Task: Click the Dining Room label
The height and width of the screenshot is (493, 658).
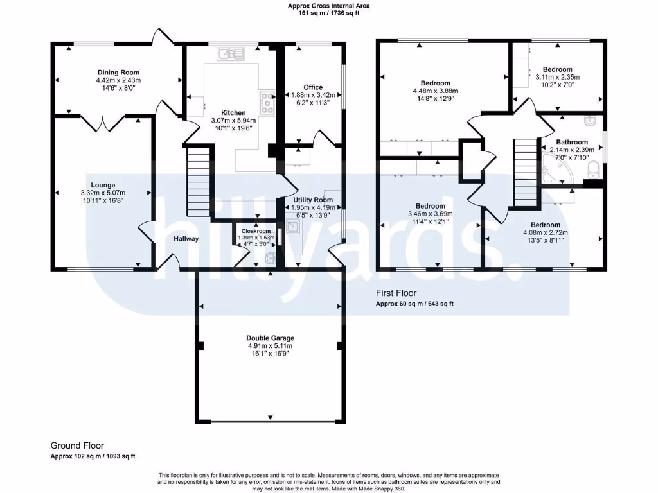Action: [118, 73]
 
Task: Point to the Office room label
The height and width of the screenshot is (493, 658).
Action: [313, 87]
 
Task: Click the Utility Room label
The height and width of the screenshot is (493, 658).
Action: [313, 207]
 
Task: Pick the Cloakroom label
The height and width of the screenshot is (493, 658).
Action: [256, 231]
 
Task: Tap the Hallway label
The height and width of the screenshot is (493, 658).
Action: [185, 239]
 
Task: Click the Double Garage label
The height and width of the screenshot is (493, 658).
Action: [270, 338]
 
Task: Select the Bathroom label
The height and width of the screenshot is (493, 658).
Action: [572, 142]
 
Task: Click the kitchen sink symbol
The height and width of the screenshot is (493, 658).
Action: [228, 55]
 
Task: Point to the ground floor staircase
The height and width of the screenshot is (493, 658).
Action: [199, 182]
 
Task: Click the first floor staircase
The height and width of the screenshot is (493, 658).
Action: [524, 172]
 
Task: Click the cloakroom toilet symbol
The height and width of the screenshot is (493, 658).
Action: [270, 258]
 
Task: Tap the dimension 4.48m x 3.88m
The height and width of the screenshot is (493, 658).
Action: [435, 91]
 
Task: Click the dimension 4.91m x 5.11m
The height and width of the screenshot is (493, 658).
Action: [270, 346]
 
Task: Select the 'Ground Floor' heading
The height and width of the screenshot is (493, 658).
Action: [77, 445]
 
